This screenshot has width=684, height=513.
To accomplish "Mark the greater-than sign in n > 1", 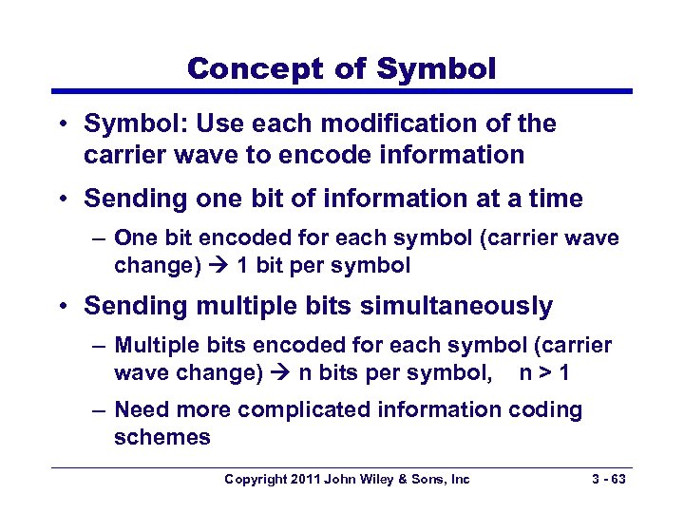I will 546,373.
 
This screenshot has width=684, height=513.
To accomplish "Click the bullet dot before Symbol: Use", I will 63,124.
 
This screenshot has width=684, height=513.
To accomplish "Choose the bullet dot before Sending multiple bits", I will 63,307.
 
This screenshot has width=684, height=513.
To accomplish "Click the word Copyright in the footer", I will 254,480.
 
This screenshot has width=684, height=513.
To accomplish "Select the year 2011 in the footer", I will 304,480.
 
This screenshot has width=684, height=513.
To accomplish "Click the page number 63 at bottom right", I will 617,480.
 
